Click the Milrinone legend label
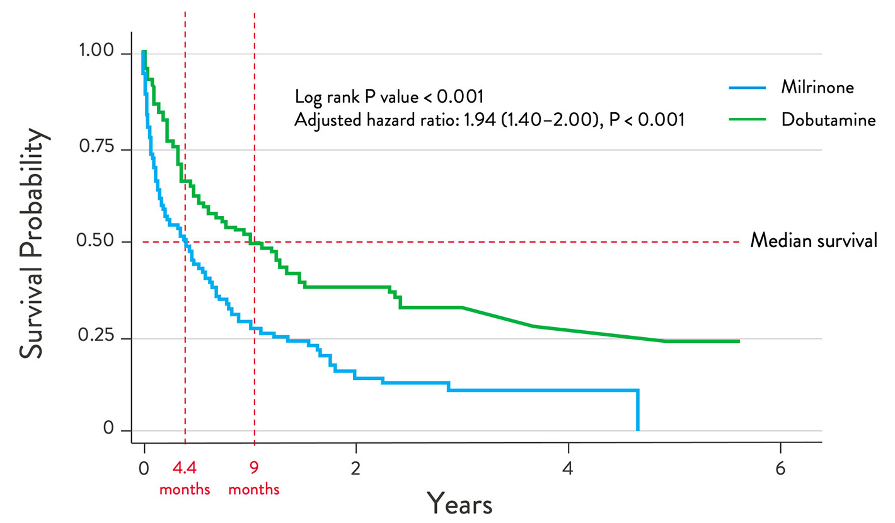(817, 87)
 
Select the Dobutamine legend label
(828, 119)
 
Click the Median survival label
(813, 241)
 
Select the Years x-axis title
(460, 502)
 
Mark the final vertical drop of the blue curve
(638, 410)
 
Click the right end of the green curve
(737, 341)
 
